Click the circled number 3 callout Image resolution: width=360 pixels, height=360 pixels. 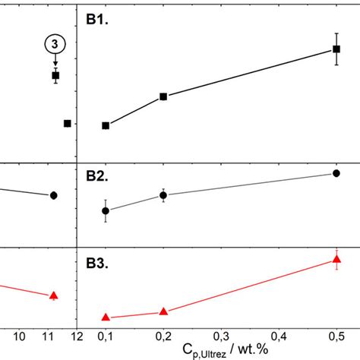55,45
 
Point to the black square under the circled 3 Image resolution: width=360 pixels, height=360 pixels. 55,75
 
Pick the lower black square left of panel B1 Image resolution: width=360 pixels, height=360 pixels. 68,123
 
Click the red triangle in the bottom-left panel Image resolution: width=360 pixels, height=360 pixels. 54,295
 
